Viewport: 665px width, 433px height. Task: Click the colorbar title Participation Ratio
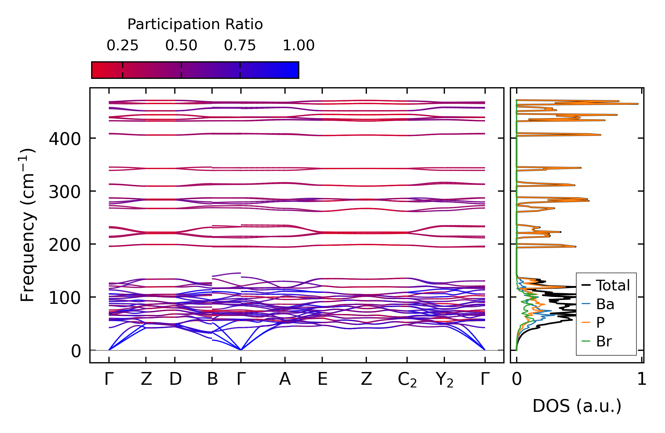point(195,24)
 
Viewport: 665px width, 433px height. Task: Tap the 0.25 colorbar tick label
point(122,46)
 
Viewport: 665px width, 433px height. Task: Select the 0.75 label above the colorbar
point(240,46)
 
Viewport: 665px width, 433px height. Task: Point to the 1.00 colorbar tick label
point(298,46)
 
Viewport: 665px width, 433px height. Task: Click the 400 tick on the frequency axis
point(65,139)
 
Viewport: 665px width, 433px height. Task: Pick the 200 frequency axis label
point(65,245)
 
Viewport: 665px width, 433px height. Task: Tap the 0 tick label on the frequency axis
point(76,351)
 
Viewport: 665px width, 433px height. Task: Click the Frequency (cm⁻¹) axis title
point(27,225)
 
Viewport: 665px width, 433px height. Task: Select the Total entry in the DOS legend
point(612,285)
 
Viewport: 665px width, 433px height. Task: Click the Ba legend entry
point(605,304)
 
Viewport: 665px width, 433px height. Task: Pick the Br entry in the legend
point(604,341)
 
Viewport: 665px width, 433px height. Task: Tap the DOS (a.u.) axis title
point(577,406)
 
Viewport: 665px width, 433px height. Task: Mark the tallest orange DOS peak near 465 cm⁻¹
point(637,104)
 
